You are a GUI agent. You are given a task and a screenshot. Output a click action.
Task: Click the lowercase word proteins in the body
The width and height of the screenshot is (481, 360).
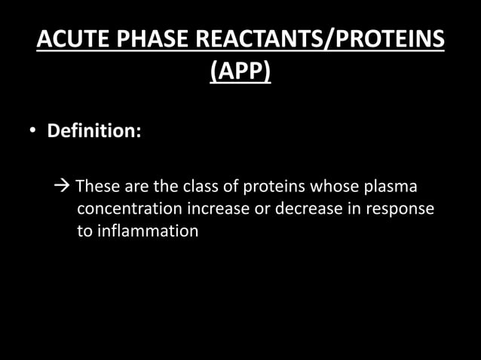pos(276,186)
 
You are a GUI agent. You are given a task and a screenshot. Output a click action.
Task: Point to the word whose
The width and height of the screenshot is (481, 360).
pos(335,186)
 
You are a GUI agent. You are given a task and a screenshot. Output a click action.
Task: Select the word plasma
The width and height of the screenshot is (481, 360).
pos(391,186)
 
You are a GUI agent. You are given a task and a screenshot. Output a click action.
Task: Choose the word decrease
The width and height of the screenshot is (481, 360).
pos(305,209)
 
